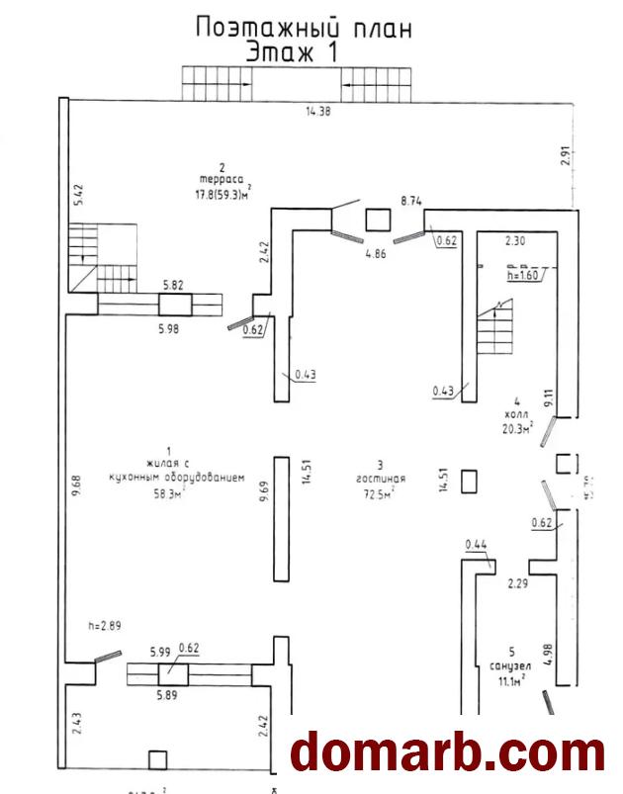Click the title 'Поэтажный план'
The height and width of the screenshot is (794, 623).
(x=304, y=27)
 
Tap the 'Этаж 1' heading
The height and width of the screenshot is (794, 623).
(x=291, y=51)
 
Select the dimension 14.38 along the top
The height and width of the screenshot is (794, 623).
(x=317, y=111)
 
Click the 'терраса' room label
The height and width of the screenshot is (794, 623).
(x=223, y=179)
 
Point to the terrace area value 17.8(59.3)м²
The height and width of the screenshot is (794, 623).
(x=223, y=193)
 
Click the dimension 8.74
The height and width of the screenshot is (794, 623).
(x=411, y=201)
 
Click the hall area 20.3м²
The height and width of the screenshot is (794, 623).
(x=515, y=429)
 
